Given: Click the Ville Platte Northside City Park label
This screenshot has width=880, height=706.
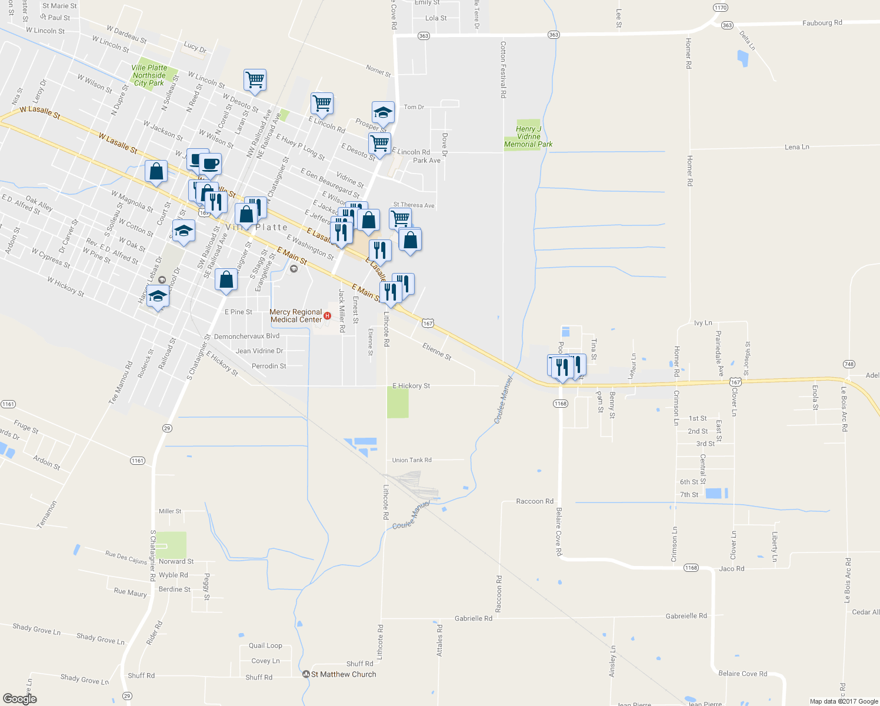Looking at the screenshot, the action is pyautogui.click(x=149, y=75).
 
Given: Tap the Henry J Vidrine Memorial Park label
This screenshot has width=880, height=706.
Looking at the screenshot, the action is pyautogui.click(x=528, y=136).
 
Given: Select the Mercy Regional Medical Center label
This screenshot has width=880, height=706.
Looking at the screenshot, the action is pyautogui.click(x=296, y=316).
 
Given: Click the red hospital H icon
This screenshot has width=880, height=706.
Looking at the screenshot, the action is pyautogui.click(x=328, y=316).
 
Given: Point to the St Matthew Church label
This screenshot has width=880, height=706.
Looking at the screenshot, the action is pyautogui.click(x=344, y=674).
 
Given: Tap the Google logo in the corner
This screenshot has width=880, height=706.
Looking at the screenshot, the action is pyautogui.click(x=20, y=698).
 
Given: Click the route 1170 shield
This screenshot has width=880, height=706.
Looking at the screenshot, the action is pyautogui.click(x=720, y=8).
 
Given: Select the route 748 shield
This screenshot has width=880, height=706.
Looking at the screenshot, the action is pyautogui.click(x=848, y=364).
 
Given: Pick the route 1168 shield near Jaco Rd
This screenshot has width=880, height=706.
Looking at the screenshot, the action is pyautogui.click(x=691, y=568).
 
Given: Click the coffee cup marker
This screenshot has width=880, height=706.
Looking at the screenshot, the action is pyautogui.click(x=209, y=164).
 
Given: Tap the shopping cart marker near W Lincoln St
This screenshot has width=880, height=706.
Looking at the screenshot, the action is pyautogui.click(x=255, y=79).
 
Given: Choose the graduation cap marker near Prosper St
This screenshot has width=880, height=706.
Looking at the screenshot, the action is pyautogui.click(x=383, y=112).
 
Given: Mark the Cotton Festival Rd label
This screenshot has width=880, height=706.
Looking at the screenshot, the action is pyautogui.click(x=503, y=69).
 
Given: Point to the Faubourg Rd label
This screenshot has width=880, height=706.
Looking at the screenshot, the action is pyautogui.click(x=822, y=23).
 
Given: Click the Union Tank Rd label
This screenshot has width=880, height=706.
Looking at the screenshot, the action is pyautogui.click(x=412, y=460).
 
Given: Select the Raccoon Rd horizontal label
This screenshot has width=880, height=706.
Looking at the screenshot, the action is pyautogui.click(x=534, y=501).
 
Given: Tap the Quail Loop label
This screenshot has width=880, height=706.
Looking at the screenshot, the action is pyautogui.click(x=265, y=645).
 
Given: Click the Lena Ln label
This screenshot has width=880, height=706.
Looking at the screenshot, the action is pyautogui.click(x=796, y=147).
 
